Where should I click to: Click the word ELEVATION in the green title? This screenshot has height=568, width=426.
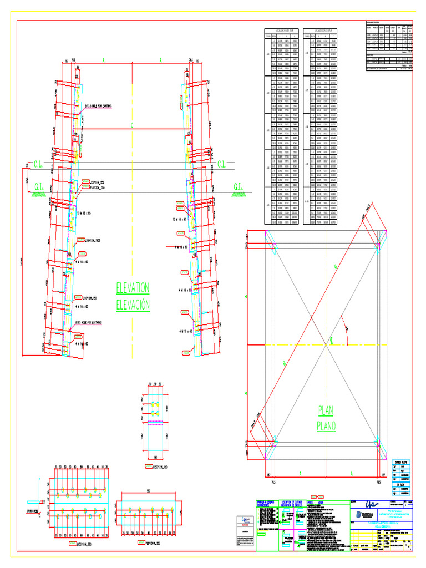coord(133,288)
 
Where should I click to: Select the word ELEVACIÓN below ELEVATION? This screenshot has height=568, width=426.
coord(133,305)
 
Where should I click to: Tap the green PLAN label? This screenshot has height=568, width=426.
coord(327,410)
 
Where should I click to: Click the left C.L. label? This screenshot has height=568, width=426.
coord(39,164)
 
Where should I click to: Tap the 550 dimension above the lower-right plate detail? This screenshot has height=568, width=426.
coord(148,491)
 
